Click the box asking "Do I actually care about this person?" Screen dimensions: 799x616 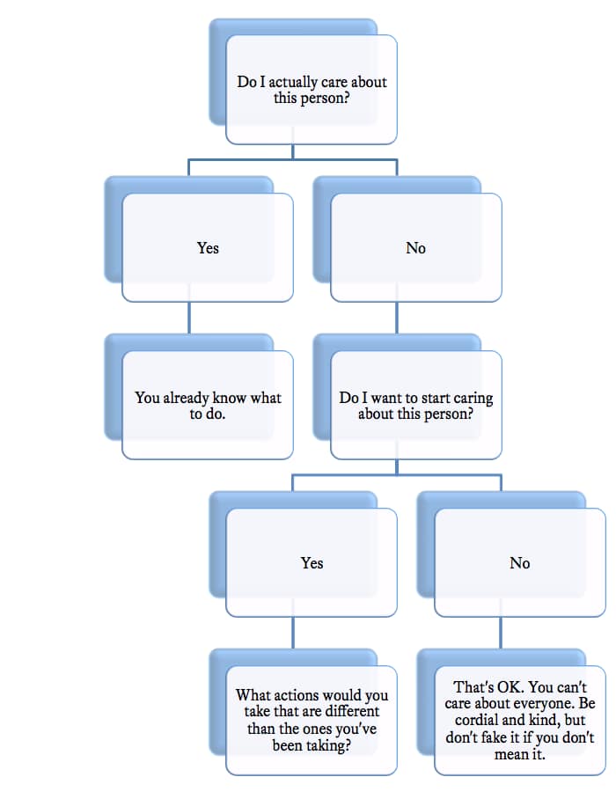pyautogui.click(x=312, y=90)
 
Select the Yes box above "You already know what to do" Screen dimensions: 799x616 pyautogui.click(x=208, y=248)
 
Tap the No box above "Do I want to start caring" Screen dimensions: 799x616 pyautogui.click(x=415, y=248)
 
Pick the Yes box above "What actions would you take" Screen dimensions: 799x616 pyautogui.click(x=312, y=563)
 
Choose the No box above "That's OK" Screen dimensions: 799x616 pyautogui.click(x=520, y=563)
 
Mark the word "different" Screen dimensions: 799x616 pyautogui.click(x=349, y=711)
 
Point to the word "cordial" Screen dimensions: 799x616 pyautogui.click(x=483, y=719)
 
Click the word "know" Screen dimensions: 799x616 pyautogui.click(x=230, y=398)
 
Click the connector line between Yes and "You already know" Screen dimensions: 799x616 pyautogui.click(x=189, y=319)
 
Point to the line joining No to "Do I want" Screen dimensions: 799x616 pyautogui.click(x=398, y=319)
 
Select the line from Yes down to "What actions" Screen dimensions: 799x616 pyautogui.click(x=294, y=633)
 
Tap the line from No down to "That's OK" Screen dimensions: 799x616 pyautogui.click(x=502, y=633)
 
